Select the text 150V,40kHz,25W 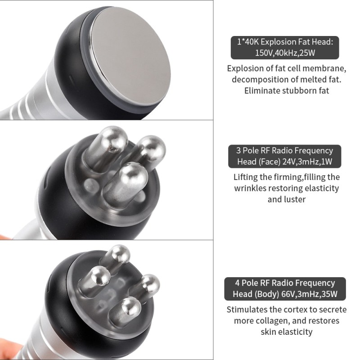[x=285, y=53]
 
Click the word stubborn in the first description [x=299, y=90]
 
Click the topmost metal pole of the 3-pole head [x=107, y=147]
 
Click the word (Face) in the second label [x=269, y=162]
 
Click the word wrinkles [x=250, y=188]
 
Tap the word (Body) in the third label [x=267, y=294]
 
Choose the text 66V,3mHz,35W [x=309, y=294]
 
